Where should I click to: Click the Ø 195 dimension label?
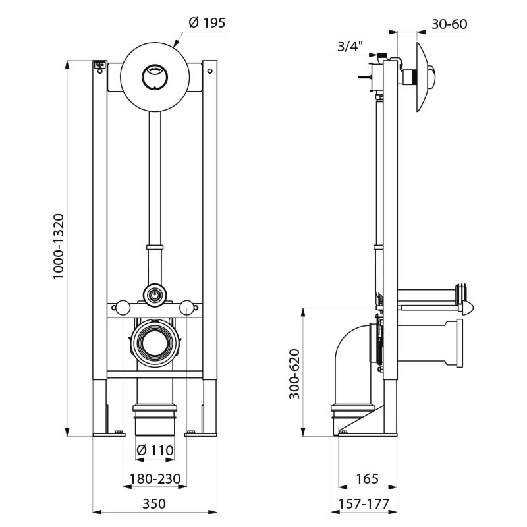click(207, 23)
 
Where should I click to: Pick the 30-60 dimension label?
click(449, 24)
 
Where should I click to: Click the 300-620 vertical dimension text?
click(294, 374)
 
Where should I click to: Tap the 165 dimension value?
click(368, 478)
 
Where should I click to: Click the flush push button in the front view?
click(154, 77)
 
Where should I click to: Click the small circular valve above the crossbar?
click(154, 294)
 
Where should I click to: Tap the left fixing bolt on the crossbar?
click(122, 306)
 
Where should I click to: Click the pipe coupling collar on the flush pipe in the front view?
click(154, 249)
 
